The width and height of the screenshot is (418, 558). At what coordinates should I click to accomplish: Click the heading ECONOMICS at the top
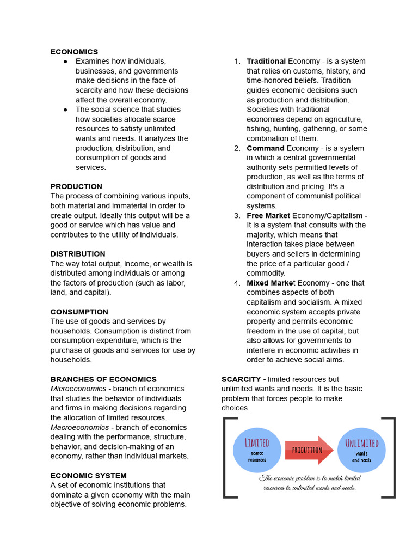(74, 52)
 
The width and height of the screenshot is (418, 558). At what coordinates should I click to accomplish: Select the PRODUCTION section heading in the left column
(76, 186)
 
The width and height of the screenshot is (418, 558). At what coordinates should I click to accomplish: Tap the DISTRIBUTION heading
(78, 254)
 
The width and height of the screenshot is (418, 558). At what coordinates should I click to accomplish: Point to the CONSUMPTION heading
(79, 312)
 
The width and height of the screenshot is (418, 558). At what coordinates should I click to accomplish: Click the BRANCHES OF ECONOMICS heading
(103, 379)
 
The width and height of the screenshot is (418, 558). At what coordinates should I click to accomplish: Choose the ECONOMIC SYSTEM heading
(88, 475)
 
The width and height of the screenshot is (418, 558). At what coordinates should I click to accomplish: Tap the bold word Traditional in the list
(266, 61)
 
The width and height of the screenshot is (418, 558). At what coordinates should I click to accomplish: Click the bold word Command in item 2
(266, 148)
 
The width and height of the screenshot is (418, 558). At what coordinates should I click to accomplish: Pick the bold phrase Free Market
(268, 216)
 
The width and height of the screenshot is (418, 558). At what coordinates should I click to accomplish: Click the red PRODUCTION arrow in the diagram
(309, 450)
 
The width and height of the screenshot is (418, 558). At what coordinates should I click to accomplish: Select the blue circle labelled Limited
(257, 450)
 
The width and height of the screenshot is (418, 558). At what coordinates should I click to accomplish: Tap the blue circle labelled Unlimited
(361, 450)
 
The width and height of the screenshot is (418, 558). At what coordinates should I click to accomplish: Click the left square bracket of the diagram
(225, 458)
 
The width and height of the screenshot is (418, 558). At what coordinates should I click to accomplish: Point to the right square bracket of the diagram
(391, 458)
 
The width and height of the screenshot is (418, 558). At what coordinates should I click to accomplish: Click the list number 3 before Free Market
(237, 216)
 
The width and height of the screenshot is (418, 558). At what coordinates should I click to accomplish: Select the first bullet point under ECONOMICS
(65, 61)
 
